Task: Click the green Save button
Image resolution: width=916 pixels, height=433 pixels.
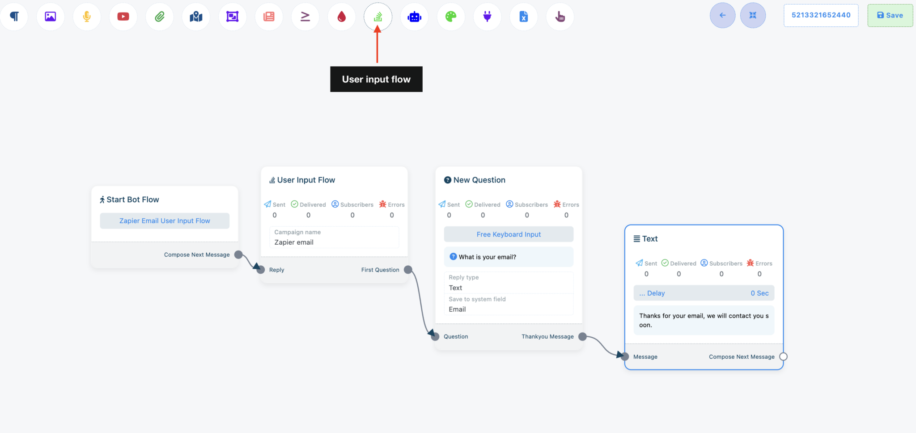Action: (x=890, y=15)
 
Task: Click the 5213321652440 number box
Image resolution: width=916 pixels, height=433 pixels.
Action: (x=821, y=15)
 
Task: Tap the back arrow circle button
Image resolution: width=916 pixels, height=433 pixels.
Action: (x=722, y=15)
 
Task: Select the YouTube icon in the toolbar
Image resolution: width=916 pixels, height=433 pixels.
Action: (x=123, y=17)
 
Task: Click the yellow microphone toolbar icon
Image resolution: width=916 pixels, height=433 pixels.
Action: (x=87, y=17)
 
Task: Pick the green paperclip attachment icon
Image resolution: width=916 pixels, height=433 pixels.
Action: (x=160, y=17)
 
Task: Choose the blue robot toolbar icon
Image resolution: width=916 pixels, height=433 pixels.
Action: (x=415, y=17)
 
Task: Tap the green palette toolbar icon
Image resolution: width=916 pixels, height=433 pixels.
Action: (x=451, y=17)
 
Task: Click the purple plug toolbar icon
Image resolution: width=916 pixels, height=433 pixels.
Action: (x=487, y=17)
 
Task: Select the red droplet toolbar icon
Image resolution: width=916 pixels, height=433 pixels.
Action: (x=342, y=17)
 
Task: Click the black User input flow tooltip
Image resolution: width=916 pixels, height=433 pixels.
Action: (x=376, y=79)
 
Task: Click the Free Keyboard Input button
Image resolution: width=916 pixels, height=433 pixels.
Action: (x=509, y=234)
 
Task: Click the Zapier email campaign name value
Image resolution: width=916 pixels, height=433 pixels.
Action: (x=294, y=242)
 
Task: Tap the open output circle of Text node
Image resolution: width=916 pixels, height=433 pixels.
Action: (x=783, y=357)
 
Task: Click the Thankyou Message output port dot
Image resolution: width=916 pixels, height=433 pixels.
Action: (x=582, y=336)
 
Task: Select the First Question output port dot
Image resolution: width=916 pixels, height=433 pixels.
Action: (x=408, y=270)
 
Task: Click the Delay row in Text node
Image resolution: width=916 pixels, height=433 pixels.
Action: (x=704, y=293)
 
